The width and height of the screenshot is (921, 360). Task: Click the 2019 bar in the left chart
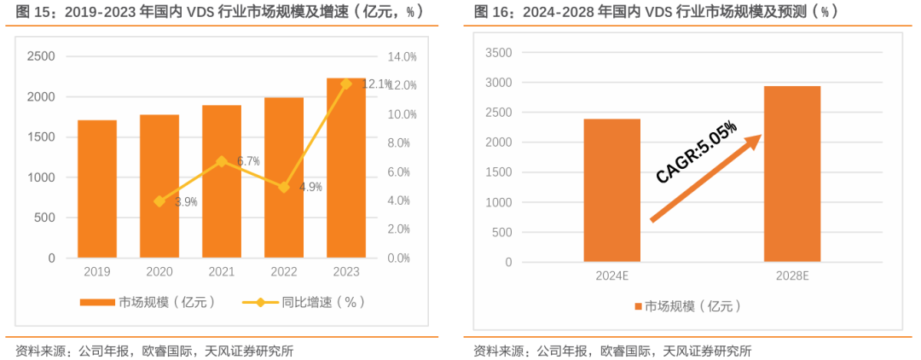point(97,189)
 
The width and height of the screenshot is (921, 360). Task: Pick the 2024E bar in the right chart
point(612,190)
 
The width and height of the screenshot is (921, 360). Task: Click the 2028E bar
point(792,174)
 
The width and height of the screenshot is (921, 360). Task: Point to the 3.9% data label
point(186,202)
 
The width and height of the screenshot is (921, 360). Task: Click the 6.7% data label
point(248,161)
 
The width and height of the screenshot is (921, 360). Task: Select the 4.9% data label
point(310,187)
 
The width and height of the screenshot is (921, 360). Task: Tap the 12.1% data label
point(376,84)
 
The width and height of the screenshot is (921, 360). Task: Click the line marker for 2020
point(159,201)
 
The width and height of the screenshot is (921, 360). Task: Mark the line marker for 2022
point(284,187)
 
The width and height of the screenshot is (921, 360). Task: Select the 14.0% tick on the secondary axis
point(402,56)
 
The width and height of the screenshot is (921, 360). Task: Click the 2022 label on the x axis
point(284,271)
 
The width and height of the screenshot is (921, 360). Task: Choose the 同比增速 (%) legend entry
point(304,302)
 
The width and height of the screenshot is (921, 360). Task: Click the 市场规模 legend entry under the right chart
point(686,306)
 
